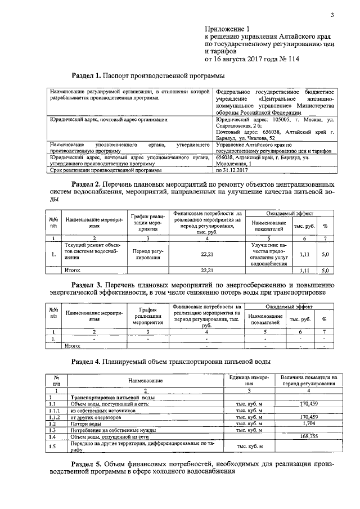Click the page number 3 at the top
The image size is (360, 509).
click(332, 15)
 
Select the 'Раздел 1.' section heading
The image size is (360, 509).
click(89, 75)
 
